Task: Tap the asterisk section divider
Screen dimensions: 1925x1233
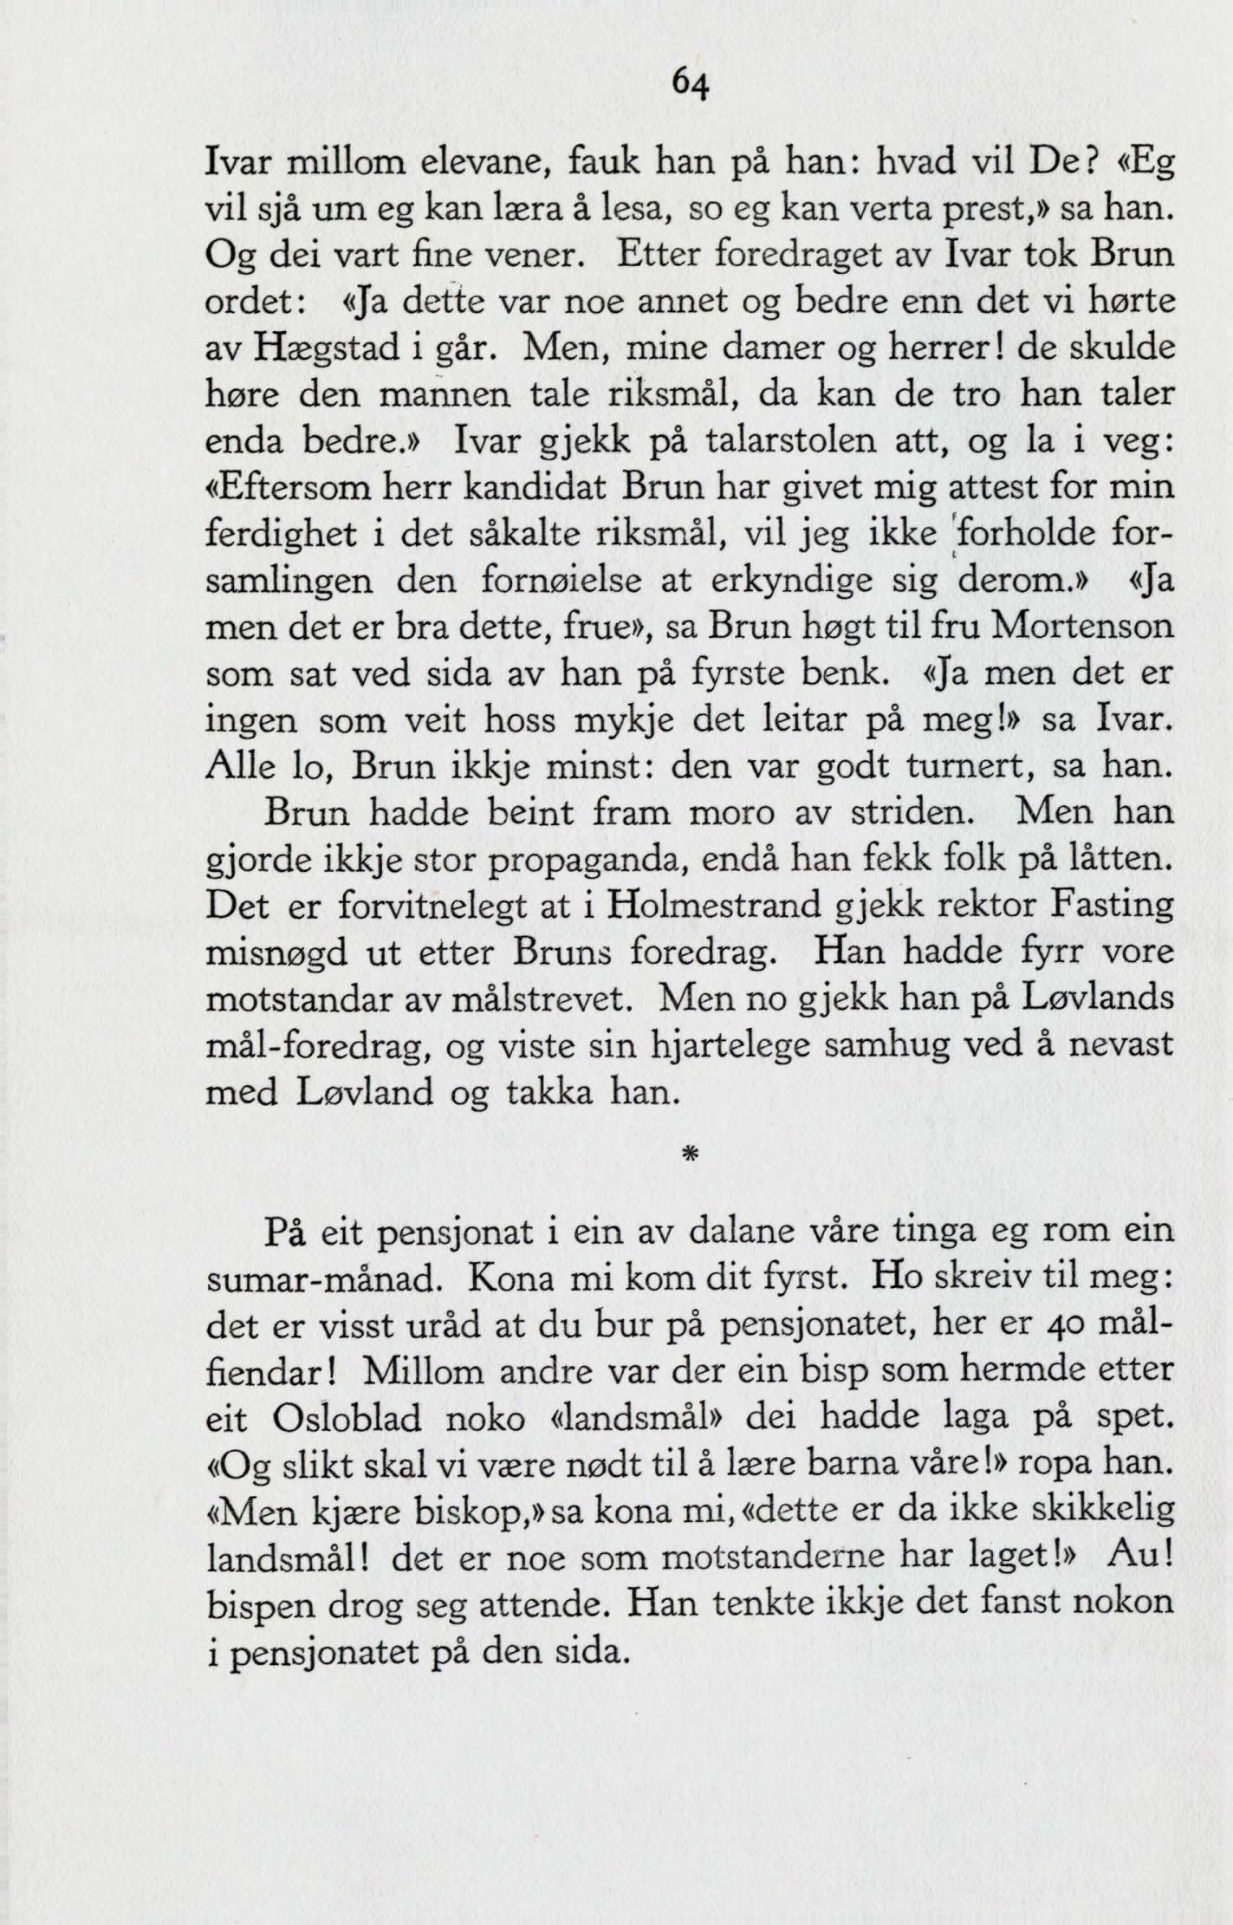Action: [691, 1154]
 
